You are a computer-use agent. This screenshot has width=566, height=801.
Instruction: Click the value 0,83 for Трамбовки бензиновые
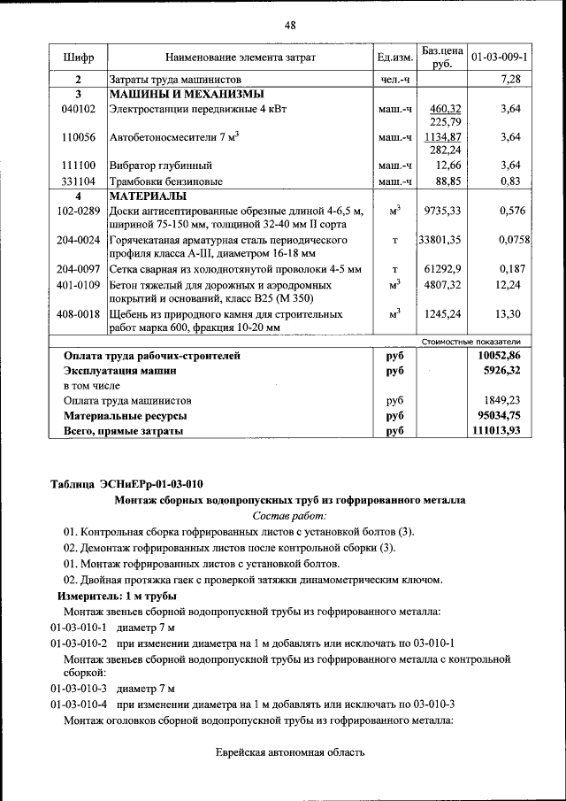[509, 181]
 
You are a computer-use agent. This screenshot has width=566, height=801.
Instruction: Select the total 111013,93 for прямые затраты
[501, 431]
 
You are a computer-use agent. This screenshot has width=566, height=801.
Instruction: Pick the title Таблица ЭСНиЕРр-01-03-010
[126, 484]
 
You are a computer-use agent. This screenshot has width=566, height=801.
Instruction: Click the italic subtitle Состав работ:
[289, 515]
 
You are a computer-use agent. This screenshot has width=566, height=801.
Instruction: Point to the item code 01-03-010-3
[79, 689]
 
